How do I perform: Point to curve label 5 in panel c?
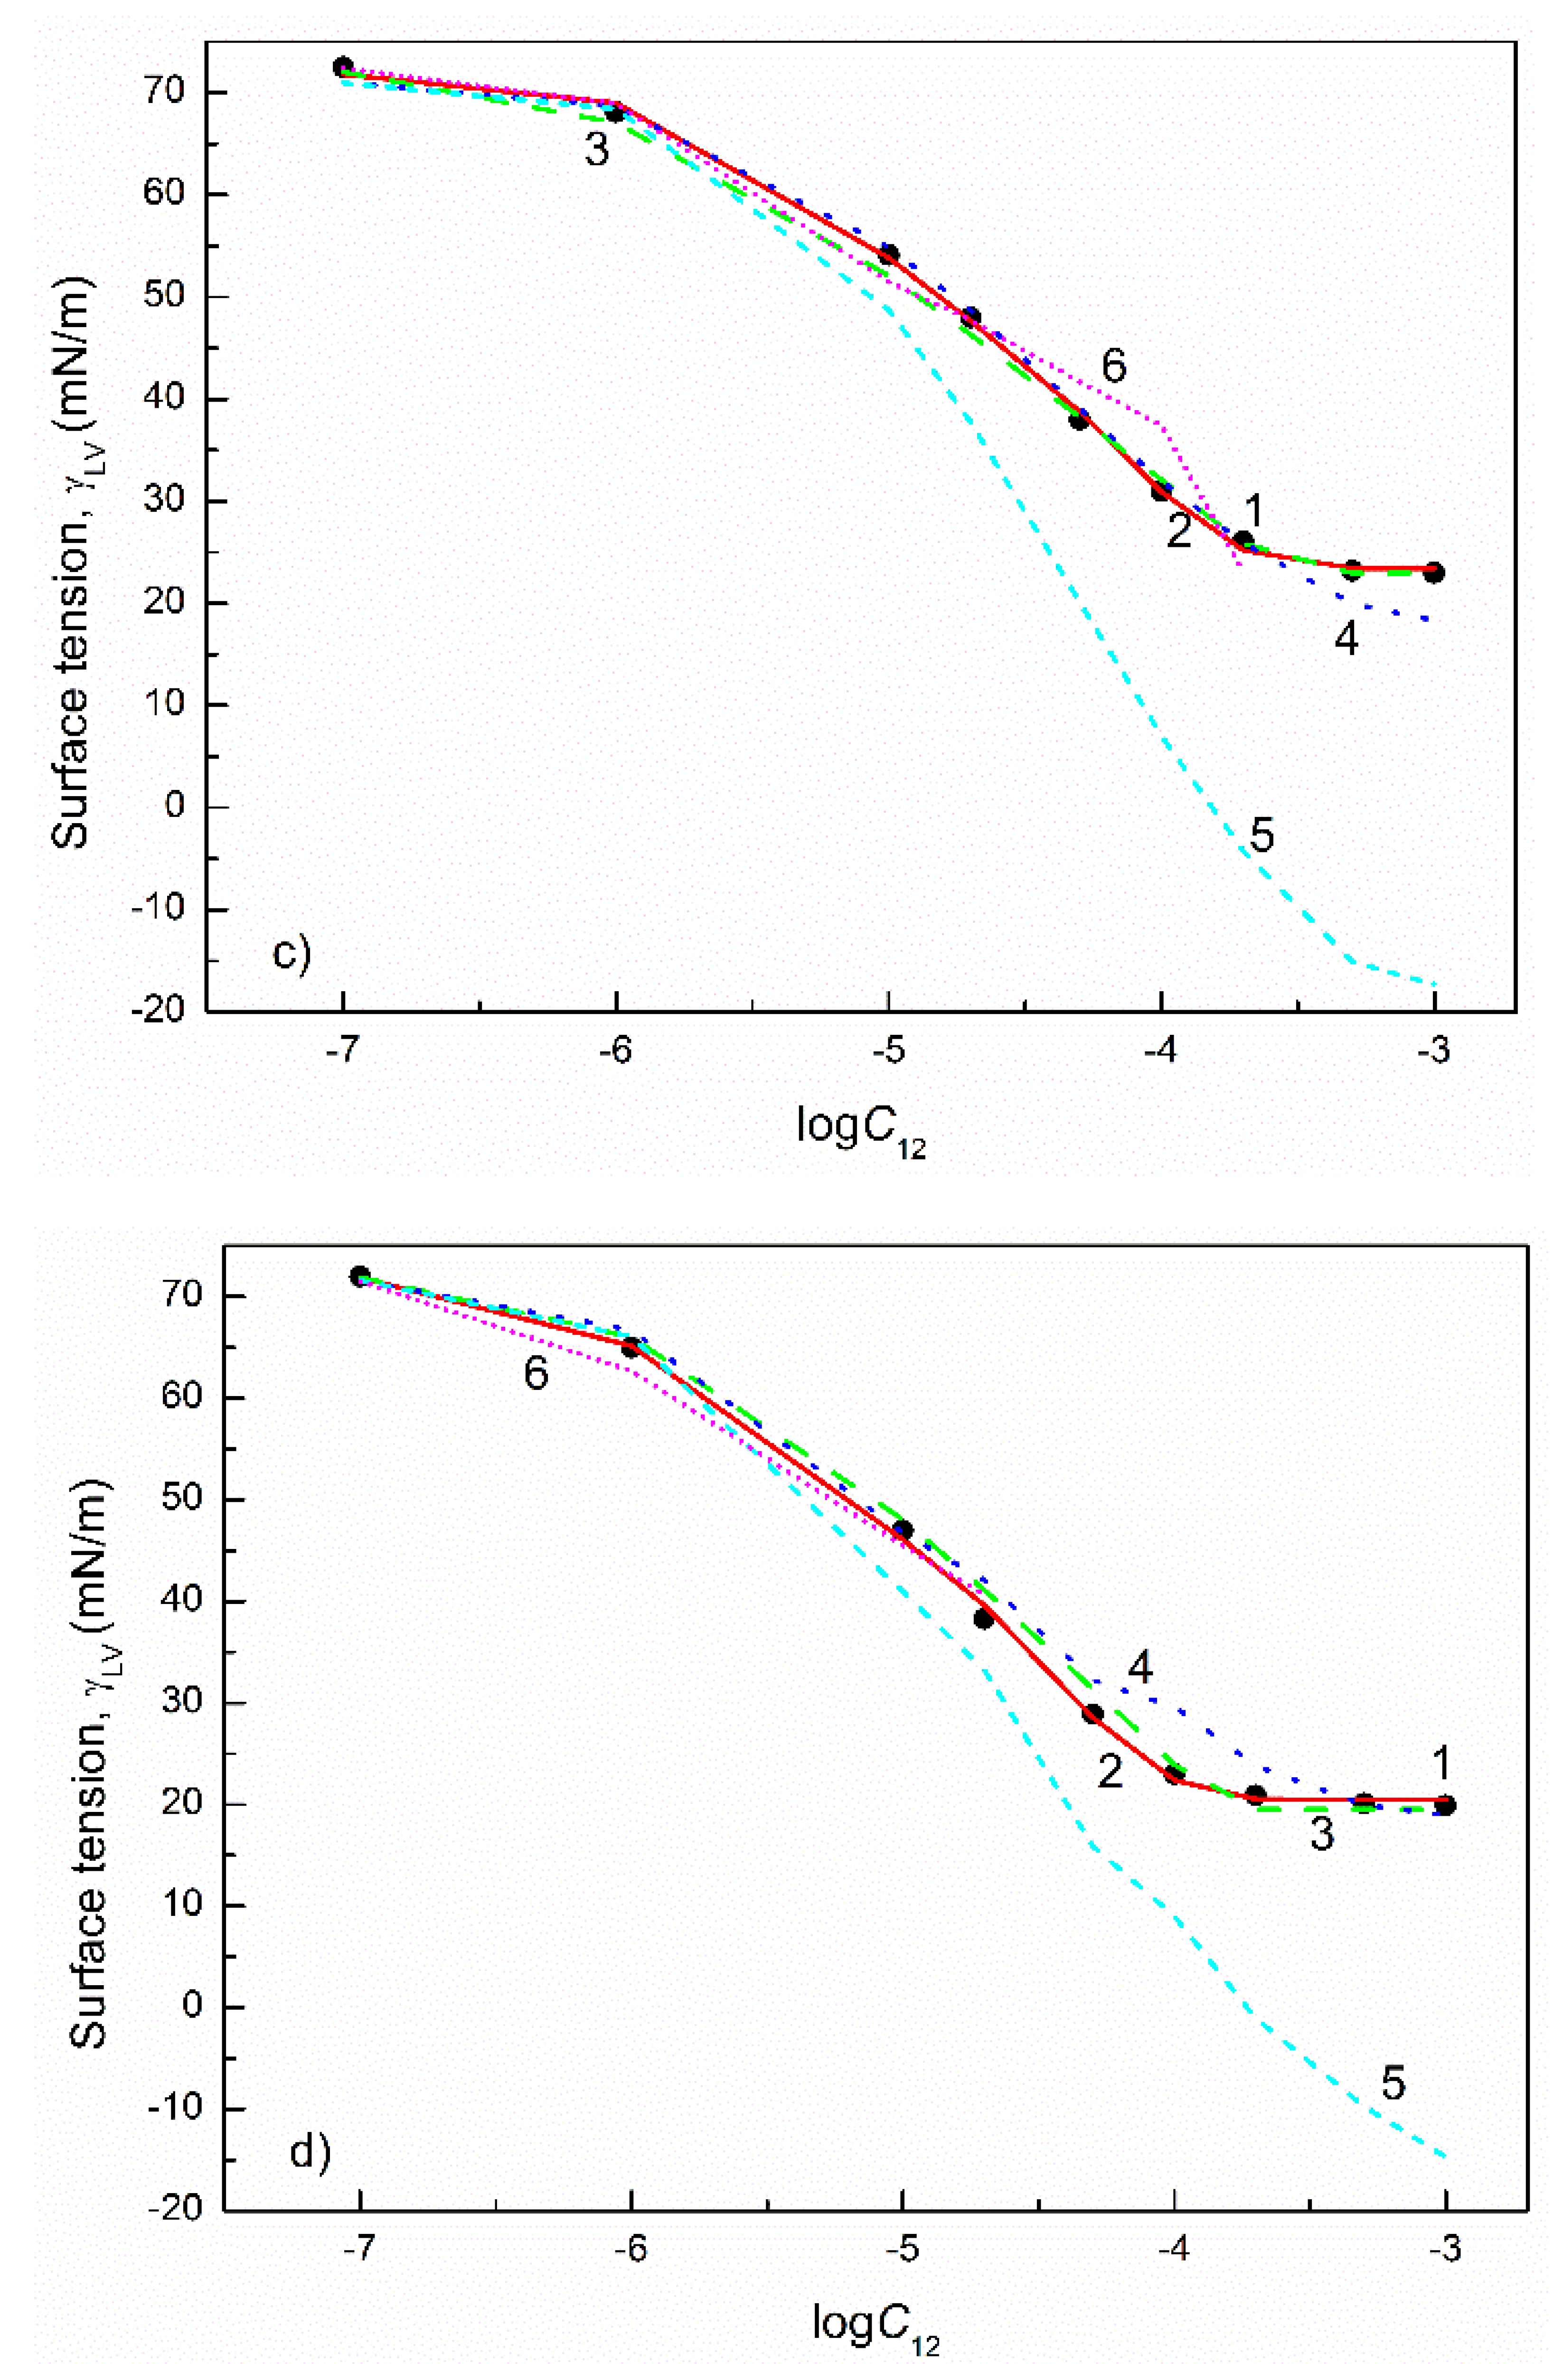(1262, 835)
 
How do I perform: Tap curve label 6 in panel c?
(1113, 367)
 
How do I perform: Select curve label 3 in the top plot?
(596, 150)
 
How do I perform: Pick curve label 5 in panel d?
(1393, 2083)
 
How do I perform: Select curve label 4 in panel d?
(1139, 1666)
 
